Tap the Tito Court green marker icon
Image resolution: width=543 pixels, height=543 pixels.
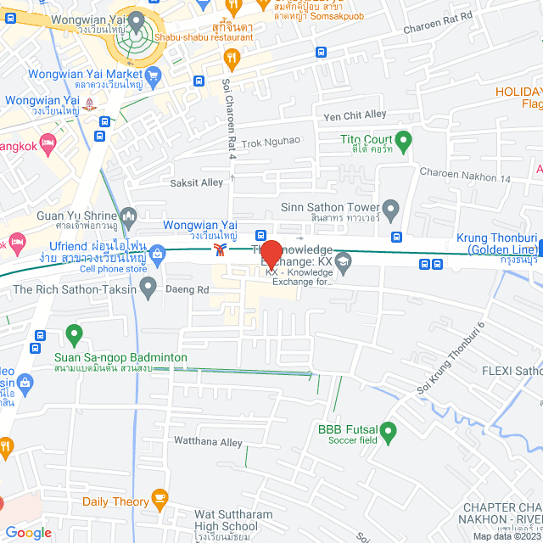[x=404, y=139]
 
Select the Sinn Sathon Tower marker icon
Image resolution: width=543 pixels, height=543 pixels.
[x=390, y=208]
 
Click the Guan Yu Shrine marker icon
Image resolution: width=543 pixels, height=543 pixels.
[x=128, y=217]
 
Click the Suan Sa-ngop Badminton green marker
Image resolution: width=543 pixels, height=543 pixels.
[x=74, y=336]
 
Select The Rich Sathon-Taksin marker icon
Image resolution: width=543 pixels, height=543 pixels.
[x=148, y=288]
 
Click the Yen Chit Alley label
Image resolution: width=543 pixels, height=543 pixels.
[x=355, y=115]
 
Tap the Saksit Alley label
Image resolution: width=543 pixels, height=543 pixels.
[x=196, y=182]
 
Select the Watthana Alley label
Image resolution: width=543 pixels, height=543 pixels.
[x=208, y=442]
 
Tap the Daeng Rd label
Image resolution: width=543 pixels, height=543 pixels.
[x=192, y=289]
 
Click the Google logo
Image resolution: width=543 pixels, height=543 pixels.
[x=28, y=532]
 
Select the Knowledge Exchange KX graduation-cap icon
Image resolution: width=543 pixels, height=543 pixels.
[x=343, y=260]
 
